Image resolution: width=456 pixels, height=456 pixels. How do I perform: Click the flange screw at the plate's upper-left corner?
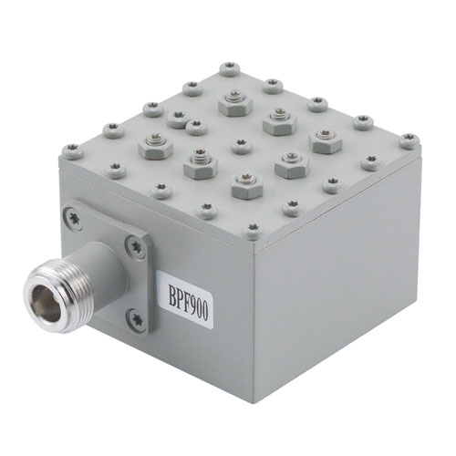pos(73,218)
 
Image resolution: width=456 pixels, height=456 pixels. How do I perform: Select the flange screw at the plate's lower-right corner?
pos(136,320)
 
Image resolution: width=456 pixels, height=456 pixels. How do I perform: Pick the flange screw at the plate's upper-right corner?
pos(136,247)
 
